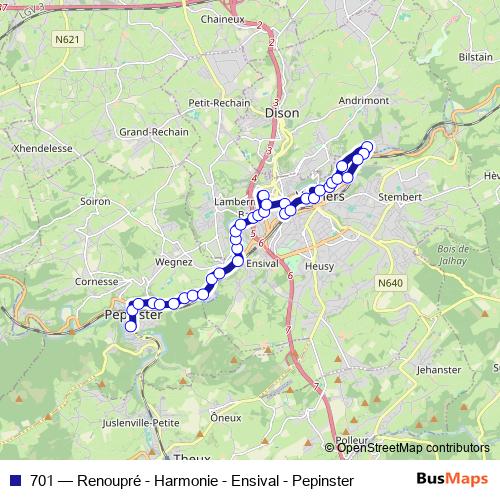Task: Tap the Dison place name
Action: [x=282, y=114]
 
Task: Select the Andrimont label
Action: [x=364, y=101]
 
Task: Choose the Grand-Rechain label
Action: [x=147, y=131]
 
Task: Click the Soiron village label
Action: [x=95, y=201]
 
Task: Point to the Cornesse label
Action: [x=97, y=282]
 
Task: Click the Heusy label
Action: [x=319, y=266]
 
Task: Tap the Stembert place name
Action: [x=401, y=197]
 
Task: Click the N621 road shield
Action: [x=69, y=39]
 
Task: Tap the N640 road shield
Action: [x=390, y=283]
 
